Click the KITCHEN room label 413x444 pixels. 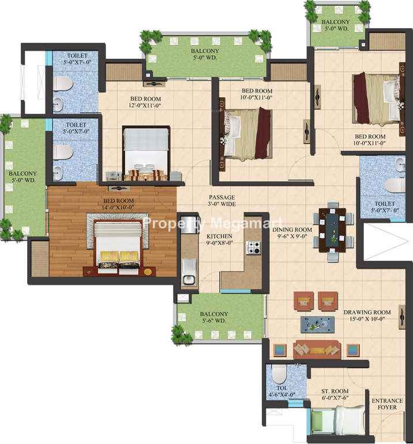tap(219, 236)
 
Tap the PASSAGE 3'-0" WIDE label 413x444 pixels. tap(222, 201)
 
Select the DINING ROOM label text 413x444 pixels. tap(292, 230)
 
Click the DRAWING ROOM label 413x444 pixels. tap(367, 312)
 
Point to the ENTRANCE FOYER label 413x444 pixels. tap(387, 404)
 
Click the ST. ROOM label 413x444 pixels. tap(335, 391)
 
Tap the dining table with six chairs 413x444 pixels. tap(332, 231)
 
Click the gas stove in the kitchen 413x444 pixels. tap(254, 247)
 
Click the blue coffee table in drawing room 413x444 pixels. tap(317, 324)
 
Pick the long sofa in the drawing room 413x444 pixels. tap(317, 350)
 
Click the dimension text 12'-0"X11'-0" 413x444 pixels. tap(145, 105)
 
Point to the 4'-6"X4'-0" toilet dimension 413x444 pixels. tap(282, 394)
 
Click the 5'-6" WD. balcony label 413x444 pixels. tap(214, 321)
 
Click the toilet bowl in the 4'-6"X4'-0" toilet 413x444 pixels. tap(279, 373)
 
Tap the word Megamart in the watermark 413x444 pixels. tap(247, 223)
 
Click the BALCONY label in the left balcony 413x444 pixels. tap(22, 173)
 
